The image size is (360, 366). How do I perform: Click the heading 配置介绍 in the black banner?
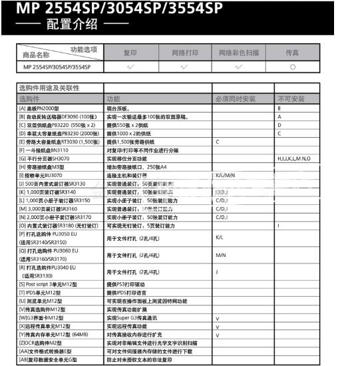pyautogui.click(x=73, y=25)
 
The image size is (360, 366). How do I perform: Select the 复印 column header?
pyautogui.click(x=130, y=52)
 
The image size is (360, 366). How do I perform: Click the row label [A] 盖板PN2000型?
pyautogui.click(x=45, y=108)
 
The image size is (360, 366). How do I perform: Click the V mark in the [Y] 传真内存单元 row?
pyautogui.click(x=217, y=334)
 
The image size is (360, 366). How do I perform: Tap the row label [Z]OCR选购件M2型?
pyautogui.click(x=43, y=343)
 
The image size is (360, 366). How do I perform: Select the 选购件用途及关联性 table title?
pyautogui.click(x=50, y=87)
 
